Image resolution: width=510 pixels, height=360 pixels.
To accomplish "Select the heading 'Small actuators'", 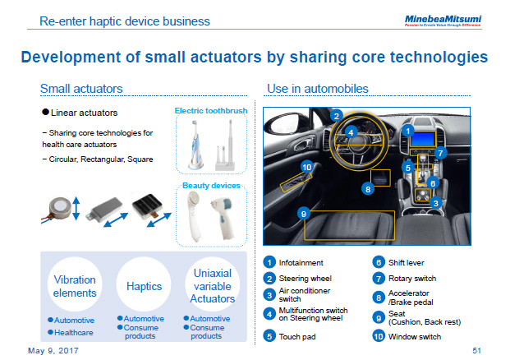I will pos(81,89).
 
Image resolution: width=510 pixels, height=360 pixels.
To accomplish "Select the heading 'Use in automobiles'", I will pos(317,89).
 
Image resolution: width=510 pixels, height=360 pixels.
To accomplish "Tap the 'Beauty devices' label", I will pos(211,186).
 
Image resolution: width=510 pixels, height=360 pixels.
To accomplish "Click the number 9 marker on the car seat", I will pos(303,214).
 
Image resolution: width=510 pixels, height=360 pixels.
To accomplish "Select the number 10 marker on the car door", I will pos(306,167).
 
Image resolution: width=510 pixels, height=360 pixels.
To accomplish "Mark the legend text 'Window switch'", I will pos(415,336).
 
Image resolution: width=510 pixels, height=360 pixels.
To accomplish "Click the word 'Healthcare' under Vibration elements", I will pos(74,332).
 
